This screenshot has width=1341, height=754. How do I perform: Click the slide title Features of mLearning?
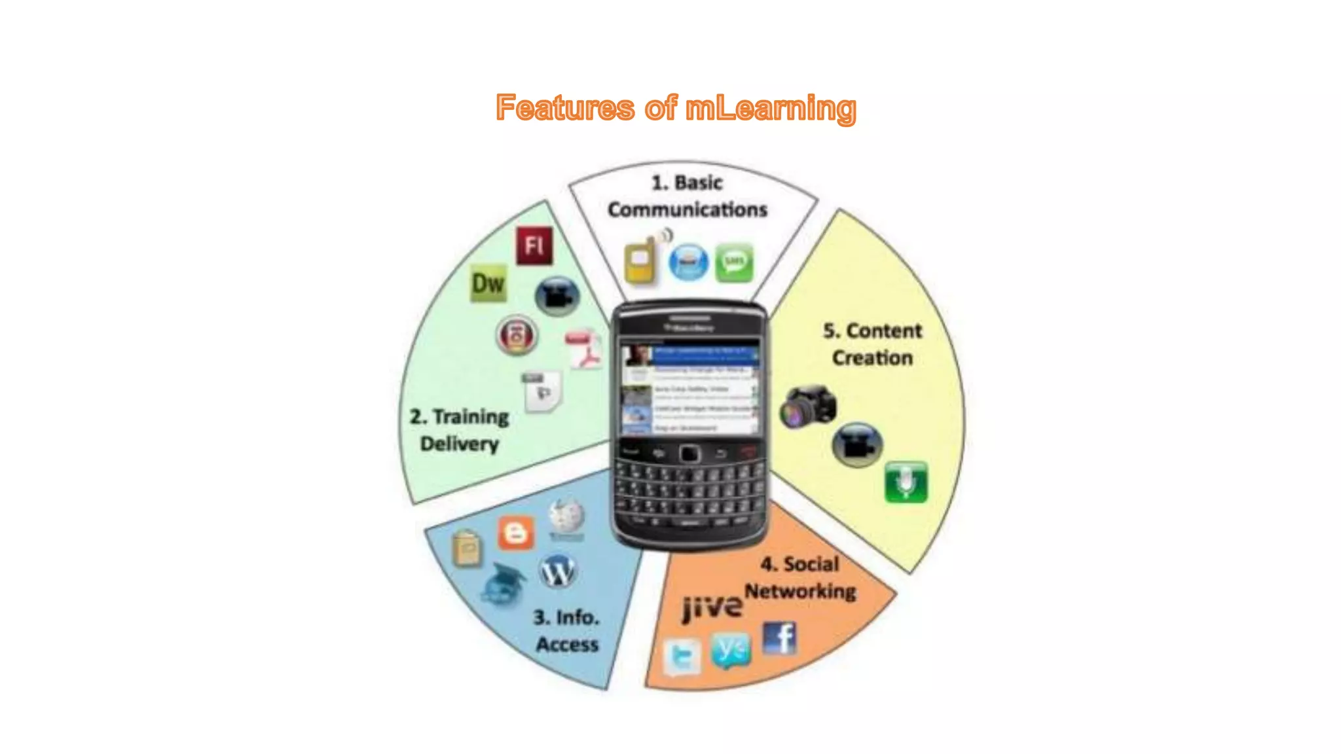pyautogui.click(x=676, y=108)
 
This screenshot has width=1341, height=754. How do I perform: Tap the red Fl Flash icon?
pyautogui.click(x=534, y=246)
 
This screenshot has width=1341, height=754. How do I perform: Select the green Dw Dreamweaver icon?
pyautogui.click(x=488, y=283)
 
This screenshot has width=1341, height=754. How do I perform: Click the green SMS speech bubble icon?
pyautogui.click(x=734, y=263)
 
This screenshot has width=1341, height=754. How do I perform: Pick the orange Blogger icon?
pyautogui.click(x=516, y=533)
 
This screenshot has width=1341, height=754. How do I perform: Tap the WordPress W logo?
pyautogui.click(x=558, y=572)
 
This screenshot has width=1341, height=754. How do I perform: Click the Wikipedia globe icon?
pyautogui.click(x=566, y=518)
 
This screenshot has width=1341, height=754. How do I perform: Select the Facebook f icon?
pyautogui.click(x=780, y=638)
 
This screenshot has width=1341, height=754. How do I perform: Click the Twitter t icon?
pyautogui.click(x=682, y=656)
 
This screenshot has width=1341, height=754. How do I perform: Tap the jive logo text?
pyautogui.click(x=712, y=607)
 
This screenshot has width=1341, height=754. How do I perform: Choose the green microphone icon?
pyautogui.click(x=906, y=482)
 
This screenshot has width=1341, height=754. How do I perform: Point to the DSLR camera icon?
pyautogui.click(x=808, y=407)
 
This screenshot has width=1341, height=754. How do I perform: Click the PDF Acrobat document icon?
pyautogui.click(x=584, y=350)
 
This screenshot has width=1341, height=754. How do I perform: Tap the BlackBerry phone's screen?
pyautogui.click(x=689, y=389)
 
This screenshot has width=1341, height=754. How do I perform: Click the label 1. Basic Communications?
pyautogui.click(x=687, y=196)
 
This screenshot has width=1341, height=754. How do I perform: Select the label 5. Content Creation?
pyautogui.click(x=872, y=344)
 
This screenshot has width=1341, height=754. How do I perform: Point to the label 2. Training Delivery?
pyautogui.click(x=460, y=430)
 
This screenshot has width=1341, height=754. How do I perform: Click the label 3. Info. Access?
pyautogui.click(x=566, y=630)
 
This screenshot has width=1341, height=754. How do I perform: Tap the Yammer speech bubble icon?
pyautogui.click(x=730, y=650)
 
